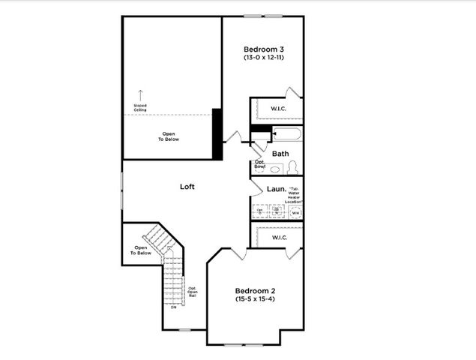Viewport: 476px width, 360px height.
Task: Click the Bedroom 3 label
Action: point(263,49)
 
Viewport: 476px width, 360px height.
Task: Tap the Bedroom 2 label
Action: point(256,291)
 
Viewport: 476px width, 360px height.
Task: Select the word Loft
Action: point(187,186)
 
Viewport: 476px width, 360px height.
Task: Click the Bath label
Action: point(280,154)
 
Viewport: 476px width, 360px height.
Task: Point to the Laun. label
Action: point(275,190)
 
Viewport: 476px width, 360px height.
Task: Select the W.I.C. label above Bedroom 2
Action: point(279,238)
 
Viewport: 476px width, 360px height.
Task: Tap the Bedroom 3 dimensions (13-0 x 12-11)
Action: point(263,58)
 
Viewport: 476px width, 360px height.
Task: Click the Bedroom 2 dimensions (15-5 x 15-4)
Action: point(256,299)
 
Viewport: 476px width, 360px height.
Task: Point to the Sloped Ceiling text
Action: point(140,108)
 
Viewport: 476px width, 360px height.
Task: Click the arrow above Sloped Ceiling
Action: point(140,95)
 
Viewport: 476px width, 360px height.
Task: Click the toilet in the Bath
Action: point(292,167)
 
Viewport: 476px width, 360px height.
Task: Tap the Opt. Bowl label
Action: point(260,163)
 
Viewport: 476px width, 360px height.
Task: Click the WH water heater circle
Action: point(295,212)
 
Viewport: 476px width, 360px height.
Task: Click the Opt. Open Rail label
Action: point(193,292)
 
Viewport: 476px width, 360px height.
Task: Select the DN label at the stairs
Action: point(173,307)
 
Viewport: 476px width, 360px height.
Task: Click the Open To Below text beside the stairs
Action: point(142,250)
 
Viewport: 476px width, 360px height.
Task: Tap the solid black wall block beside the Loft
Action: point(217,133)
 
